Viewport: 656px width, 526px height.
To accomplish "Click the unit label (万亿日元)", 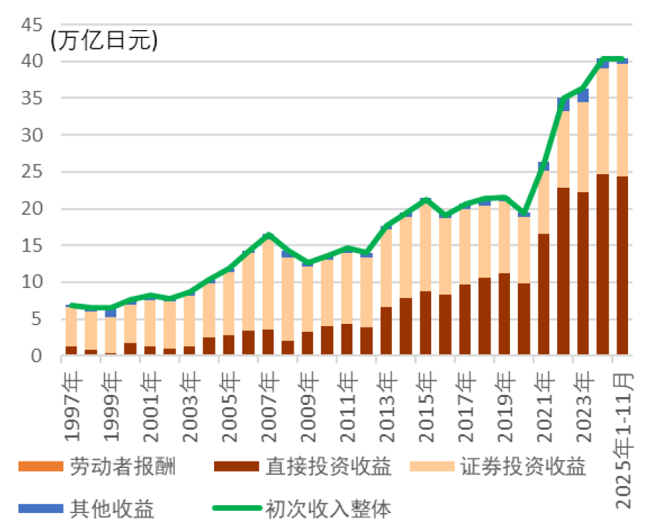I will (104, 41).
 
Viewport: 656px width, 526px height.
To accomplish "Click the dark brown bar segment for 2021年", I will (544, 295).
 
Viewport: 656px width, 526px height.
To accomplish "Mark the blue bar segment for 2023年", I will (583, 95).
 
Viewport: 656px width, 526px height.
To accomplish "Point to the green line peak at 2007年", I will (268, 235).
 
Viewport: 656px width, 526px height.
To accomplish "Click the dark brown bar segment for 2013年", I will (386, 331).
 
